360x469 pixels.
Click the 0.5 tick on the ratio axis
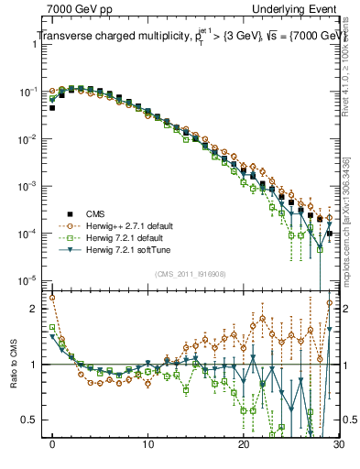tap(36, 420)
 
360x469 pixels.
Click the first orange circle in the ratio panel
tap(52, 298)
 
